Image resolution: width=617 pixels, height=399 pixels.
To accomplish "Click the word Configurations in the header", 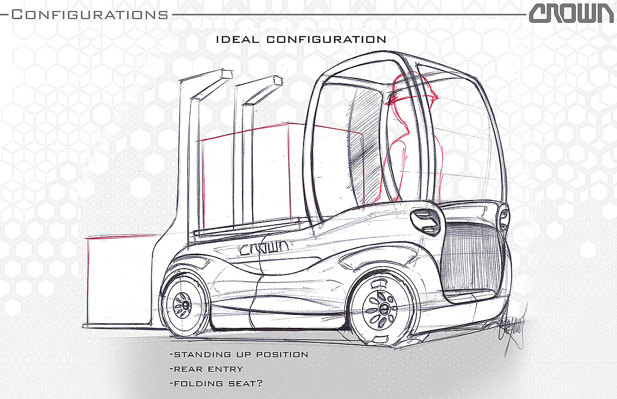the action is click(90, 14).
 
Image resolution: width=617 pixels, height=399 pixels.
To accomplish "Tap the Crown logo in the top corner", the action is click(571, 14).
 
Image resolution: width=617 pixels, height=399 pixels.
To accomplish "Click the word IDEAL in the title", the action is click(238, 39).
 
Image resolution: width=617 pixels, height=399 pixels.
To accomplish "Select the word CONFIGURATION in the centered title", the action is click(326, 39).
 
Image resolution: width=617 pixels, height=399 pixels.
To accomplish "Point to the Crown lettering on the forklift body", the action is click(264, 248).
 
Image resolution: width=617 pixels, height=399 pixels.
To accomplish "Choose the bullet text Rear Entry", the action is click(208, 369).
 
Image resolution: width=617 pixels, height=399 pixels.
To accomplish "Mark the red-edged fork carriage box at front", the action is click(119, 281).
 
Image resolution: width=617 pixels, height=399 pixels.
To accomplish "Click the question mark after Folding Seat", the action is click(260, 384).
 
